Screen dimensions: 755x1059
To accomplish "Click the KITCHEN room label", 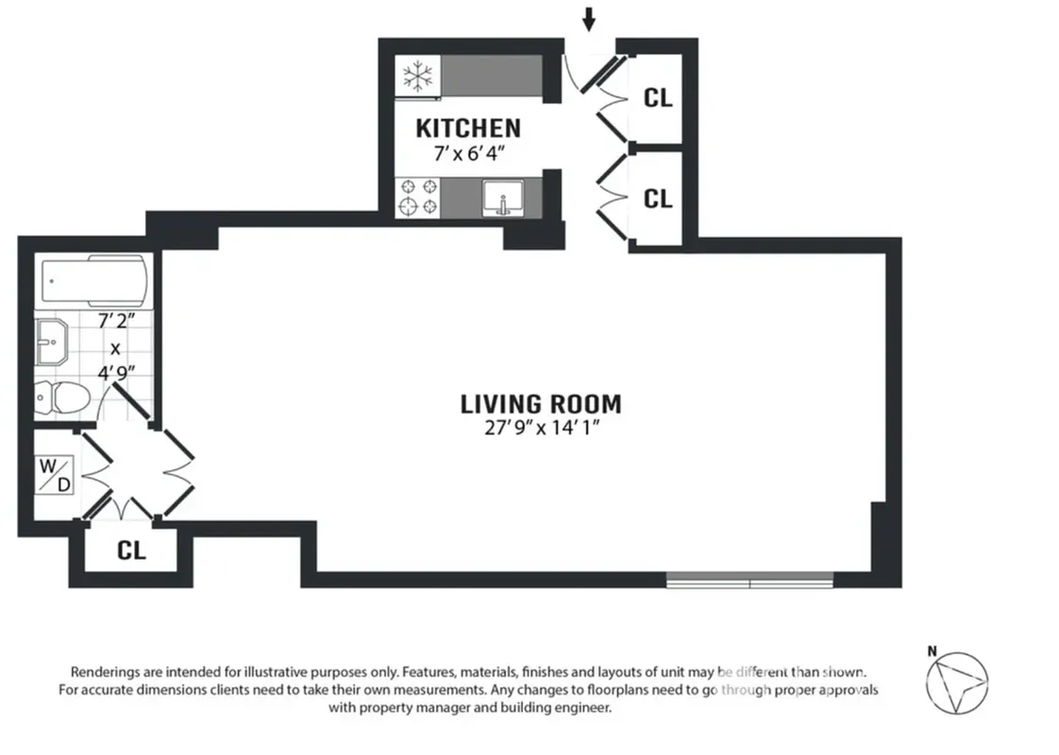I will point(468,127).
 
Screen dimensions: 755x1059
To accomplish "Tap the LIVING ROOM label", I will point(541,404).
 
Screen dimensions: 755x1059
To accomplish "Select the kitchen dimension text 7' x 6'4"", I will point(468,153).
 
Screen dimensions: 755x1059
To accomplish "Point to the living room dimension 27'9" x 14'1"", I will point(541,428).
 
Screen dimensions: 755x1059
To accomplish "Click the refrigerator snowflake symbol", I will point(416,75).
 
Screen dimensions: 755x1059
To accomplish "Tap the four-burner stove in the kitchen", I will point(418,196).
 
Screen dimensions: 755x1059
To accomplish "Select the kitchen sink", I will point(502,198).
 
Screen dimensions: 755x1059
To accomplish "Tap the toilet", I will point(62,396).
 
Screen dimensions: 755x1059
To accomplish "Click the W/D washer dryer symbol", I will point(55,473).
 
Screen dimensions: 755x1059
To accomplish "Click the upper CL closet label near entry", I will point(657,97).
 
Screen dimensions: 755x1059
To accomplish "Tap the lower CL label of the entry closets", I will point(657,198).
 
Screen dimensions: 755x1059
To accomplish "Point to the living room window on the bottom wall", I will point(749,579).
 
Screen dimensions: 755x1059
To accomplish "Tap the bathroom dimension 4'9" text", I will point(115,371).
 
